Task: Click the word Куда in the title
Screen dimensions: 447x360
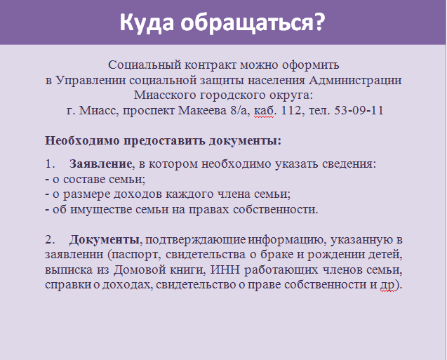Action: pos(147,22)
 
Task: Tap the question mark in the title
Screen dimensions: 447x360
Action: pos(319,21)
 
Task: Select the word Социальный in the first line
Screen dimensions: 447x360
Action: pos(145,65)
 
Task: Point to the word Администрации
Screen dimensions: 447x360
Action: pos(355,81)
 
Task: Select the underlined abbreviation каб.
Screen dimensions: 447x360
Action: pos(264,111)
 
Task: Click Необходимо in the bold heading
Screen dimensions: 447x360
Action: pos(82,141)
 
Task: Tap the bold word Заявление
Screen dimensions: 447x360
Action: pos(100,164)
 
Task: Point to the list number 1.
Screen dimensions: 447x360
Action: pos(49,164)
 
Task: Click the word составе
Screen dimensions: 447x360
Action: pos(81,180)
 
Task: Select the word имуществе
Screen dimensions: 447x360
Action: pos(101,210)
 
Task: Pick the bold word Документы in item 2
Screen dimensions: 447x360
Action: pos(105,240)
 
